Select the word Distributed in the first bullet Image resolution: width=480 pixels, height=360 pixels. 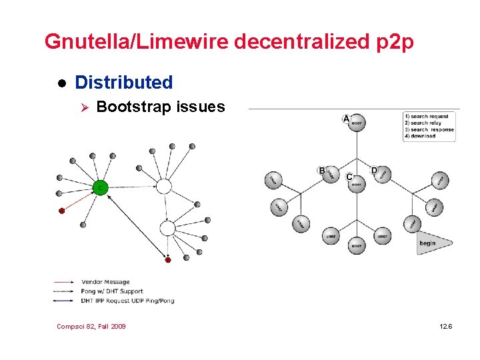pyautogui.click(x=124, y=83)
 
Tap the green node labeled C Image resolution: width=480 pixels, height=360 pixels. pyautogui.click(x=100, y=188)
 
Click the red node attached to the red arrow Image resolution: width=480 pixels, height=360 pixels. pyautogui.click(x=62, y=211)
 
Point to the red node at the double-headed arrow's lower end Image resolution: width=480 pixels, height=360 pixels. pyautogui.click(x=168, y=260)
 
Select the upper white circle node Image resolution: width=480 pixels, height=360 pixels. pyautogui.click(x=163, y=186)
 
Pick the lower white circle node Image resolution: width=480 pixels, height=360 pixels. pyautogui.click(x=167, y=229)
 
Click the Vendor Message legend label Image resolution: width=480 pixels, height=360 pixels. pyautogui.click(x=105, y=282)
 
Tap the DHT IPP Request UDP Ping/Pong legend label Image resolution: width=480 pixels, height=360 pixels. pyautogui.click(x=127, y=301)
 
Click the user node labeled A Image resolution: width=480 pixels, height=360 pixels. pyautogui.click(x=357, y=123)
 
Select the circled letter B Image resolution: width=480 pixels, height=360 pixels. pyautogui.click(x=322, y=171)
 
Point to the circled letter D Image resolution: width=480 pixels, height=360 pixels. pyautogui.click(x=374, y=171)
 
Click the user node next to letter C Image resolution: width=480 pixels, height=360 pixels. pyautogui.click(x=357, y=184)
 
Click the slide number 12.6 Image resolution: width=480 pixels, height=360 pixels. pyautogui.click(x=446, y=326)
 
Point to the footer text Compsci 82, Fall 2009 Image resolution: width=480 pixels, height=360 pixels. pyautogui.click(x=91, y=326)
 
